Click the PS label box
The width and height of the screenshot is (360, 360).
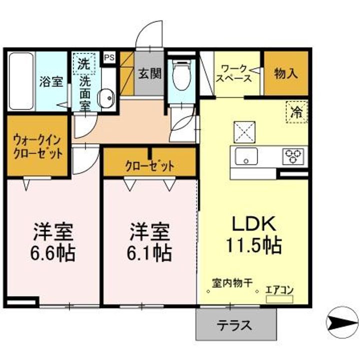109,57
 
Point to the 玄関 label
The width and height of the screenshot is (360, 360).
149,74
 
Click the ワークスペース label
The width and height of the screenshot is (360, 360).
233,73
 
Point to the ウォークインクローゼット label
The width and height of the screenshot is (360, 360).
38,145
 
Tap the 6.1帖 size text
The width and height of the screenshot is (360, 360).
149,253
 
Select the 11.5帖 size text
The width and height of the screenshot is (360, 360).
253,245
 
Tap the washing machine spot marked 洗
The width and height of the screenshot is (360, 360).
83,64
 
